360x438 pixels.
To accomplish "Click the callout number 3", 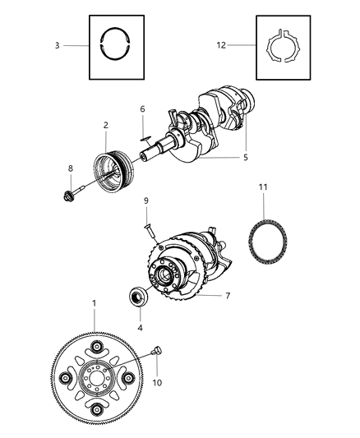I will pos(57,45).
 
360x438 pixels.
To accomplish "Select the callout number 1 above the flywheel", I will pos(95,303).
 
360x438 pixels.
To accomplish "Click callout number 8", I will pos(71,168).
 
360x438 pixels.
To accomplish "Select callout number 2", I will pos(105,125).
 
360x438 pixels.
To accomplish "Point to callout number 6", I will pos(142,108).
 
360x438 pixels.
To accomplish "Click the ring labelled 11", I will pos(270,243).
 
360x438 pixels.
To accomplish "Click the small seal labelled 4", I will pos(137,297).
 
